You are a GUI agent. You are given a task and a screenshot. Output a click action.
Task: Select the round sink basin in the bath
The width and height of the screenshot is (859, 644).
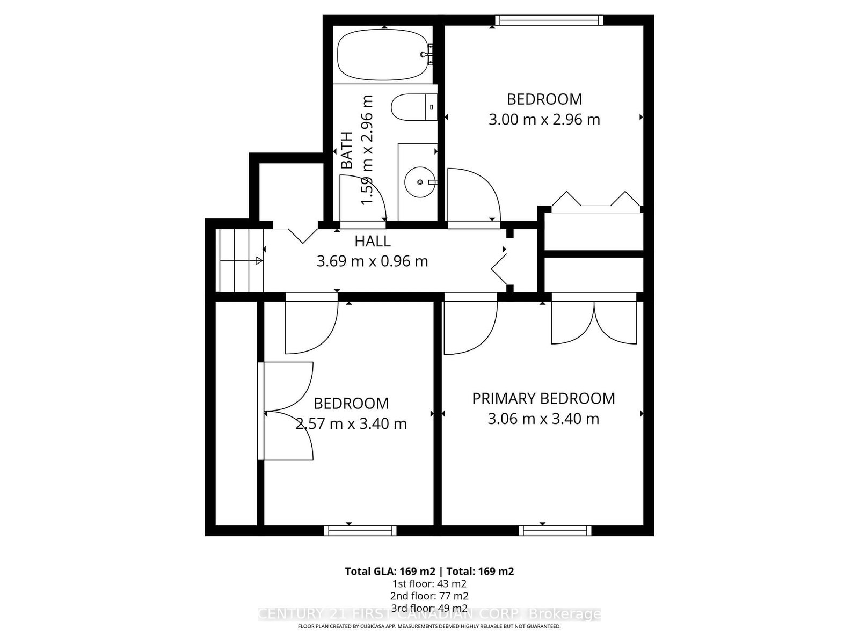tap(419, 182)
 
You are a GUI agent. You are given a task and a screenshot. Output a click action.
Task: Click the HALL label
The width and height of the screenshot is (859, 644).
tap(372, 241)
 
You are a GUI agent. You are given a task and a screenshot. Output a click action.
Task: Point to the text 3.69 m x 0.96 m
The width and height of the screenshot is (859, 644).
tap(372, 261)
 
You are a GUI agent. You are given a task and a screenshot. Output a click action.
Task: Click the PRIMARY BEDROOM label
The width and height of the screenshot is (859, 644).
tap(543, 398)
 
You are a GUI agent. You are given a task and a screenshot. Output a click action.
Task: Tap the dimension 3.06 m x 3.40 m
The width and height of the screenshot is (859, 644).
tap(543, 419)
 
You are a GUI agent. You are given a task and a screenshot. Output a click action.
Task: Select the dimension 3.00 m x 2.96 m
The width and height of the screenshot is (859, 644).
tap(544, 119)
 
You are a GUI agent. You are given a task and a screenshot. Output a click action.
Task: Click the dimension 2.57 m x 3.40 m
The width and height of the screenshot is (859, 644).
tap(351, 423)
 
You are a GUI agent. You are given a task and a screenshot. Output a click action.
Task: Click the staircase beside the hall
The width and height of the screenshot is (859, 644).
tap(240, 261)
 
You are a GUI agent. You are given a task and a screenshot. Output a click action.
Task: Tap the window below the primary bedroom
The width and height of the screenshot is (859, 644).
tap(555, 531)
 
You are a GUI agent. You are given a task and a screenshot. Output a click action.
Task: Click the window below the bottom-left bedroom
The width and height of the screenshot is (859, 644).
tap(360, 531)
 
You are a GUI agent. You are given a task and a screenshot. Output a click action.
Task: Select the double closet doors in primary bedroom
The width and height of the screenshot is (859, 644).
tap(594, 322)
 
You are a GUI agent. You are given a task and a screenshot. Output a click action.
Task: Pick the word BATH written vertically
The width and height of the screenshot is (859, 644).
tap(347, 150)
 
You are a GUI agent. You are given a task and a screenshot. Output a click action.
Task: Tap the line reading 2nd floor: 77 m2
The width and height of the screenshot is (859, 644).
tap(429, 596)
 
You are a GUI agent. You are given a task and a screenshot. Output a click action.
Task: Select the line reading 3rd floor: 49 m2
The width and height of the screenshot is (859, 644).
tap(429, 608)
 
